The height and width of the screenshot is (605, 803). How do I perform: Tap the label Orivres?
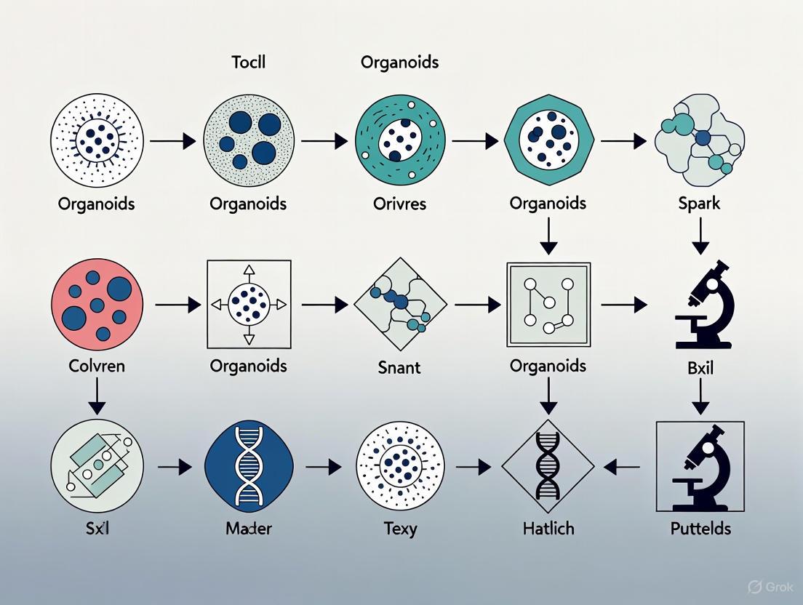coord(399,203)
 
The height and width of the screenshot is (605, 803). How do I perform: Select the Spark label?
coord(698,203)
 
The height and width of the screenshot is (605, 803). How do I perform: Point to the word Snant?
coord(399,367)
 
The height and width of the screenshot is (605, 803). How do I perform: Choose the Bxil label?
coord(700,367)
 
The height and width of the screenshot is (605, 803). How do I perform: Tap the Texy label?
coord(399,529)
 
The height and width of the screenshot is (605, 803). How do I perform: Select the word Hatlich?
coord(548,528)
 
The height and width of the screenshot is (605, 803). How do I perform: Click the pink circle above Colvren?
coord(97,304)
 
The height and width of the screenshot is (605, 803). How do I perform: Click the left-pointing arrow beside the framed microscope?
coord(622,467)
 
